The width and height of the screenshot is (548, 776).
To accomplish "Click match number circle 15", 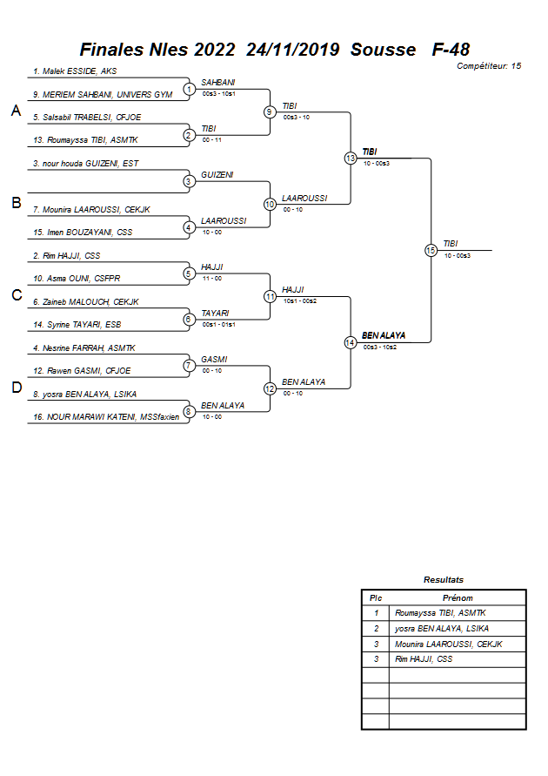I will click(x=431, y=250).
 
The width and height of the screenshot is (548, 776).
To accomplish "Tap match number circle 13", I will click(x=350, y=159).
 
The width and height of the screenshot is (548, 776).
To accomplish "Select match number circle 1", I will click(x=189, y=89).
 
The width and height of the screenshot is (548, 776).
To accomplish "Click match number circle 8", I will click(x=189, y=411).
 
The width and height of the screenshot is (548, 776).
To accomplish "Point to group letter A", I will click(x=16, y=111).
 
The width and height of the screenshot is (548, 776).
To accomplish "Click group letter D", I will click(x=16, y=388).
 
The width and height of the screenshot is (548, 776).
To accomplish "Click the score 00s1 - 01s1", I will click(x=218, y=324).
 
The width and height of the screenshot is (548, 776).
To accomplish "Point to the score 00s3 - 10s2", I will click(x=380, y=348).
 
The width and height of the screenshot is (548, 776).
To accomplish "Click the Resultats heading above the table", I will click(x=444, y=579).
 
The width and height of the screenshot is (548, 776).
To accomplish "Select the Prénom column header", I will click(x=458, y=597).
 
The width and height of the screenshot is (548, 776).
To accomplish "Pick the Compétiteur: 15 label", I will click(x=489, y=65).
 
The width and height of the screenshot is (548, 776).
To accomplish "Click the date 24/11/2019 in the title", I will click(x=292, y=50).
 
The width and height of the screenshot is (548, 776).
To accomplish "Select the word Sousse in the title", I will click(x=384, y=50).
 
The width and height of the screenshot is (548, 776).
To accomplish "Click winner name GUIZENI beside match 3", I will click(x=217, y=174).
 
